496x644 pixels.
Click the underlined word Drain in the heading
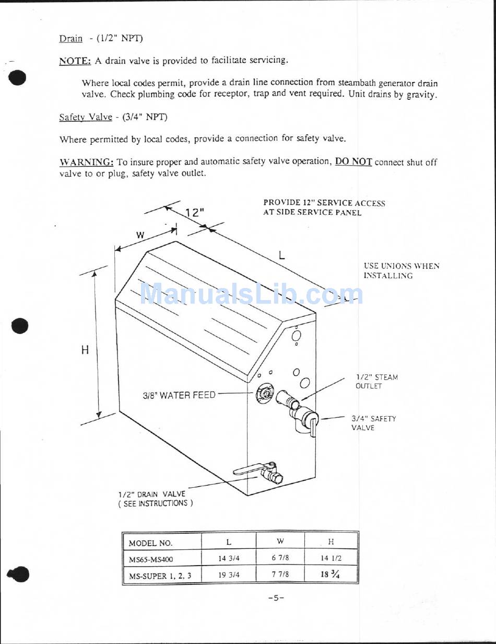pyautogui.click(x=70, y=39)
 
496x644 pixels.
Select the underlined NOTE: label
pyautogui.click(x=75, y=61)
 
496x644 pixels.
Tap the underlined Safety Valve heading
pyautogui.click(x=86, y=117)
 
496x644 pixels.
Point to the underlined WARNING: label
pyautogui.click(x=86, y=162)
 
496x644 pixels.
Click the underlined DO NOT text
pyautogui.click(x=353, y=162)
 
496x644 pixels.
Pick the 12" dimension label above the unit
pyautogui.click(x=194, y=213)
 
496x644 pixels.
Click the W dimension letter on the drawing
pyautogui.click(x=140, y=235)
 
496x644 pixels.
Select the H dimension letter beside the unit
pyautogui.click(x=85, y=350)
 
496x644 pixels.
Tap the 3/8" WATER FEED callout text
pyautogui.click(x=179, y=395)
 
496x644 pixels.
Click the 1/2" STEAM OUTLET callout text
pyautogui.click(x=376, y=382)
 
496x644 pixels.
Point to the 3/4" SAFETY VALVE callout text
pyautogui.click(x=373, y=423)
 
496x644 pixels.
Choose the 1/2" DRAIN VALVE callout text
pyautogui.click(x=155, y=498)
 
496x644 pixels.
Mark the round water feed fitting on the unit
pyautogui.click(x=265, y=394)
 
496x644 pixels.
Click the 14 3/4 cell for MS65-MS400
pyautogui.click(x=229, y=558)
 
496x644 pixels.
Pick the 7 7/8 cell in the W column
pyautogui.click(x=280, y=574)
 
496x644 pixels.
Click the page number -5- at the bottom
pyautogui.click(x=276, y=598)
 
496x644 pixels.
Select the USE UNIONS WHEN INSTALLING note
pyautogui.click(x=401, y=271)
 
